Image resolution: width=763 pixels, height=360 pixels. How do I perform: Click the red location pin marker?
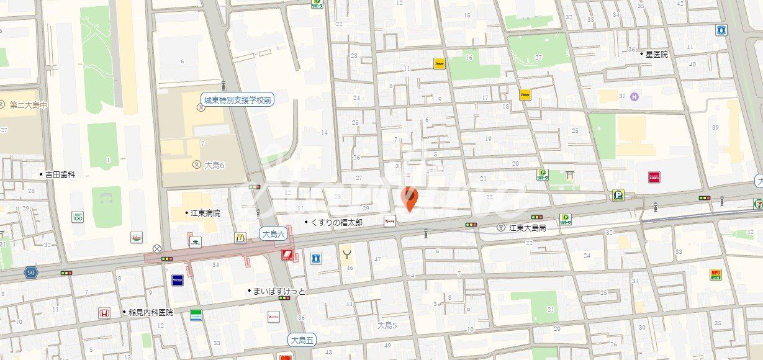[x=410, y=199]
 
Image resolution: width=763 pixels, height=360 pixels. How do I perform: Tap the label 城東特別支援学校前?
[x=238, y=99]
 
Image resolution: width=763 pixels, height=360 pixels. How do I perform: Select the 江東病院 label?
[x=205, y=213]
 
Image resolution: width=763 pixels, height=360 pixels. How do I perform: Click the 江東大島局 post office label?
[x=527, y=228]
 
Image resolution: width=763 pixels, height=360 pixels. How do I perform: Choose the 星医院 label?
[x=656, y=54]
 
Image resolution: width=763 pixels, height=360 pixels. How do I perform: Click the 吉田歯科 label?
[x=60, y=175]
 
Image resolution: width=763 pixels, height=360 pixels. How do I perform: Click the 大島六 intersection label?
[x=273, y=234]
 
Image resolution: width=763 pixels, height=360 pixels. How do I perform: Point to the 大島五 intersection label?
[x=302, y=340]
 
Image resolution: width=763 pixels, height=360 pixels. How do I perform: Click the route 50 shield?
[x=30, y=272]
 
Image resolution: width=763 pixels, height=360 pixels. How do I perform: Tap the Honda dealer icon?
[x=104, y=313]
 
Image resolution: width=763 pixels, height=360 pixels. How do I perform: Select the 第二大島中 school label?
[x=29, y=105]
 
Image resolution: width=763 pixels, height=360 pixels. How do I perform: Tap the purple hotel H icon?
[x=634, y=96]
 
